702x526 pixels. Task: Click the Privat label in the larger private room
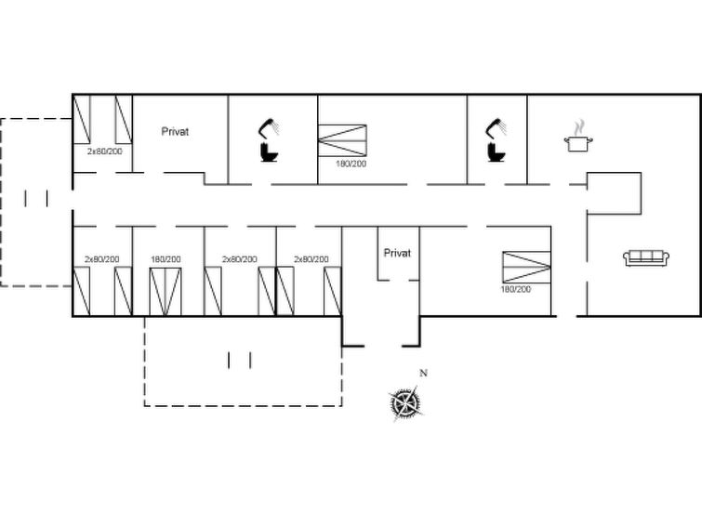[175, 132]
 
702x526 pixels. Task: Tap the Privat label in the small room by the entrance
[397, 254]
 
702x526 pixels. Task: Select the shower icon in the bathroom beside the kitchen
[497, 128]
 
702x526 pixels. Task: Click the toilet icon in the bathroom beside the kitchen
[497, 151]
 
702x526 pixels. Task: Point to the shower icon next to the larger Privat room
[269, 128]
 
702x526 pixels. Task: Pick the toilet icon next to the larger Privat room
[269, 151]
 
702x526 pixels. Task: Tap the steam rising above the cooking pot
[579, 127]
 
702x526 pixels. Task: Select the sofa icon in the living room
[646, 258]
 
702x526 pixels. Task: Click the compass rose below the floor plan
[405, 402]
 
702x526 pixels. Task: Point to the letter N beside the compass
[424, 373]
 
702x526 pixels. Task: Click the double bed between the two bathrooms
[342, 140]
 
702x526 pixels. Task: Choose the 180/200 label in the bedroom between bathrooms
[351, 164]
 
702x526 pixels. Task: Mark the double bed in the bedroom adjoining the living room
[526, 268]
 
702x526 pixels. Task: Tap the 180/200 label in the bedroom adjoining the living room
[516, 289]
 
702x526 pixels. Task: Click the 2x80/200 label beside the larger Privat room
[105, 151]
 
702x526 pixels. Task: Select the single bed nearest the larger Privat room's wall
[124, 119]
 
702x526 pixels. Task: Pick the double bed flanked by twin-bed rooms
[166, 292]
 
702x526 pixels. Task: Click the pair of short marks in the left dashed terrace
[36, 198]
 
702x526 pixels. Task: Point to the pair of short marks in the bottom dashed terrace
[240, 361]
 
